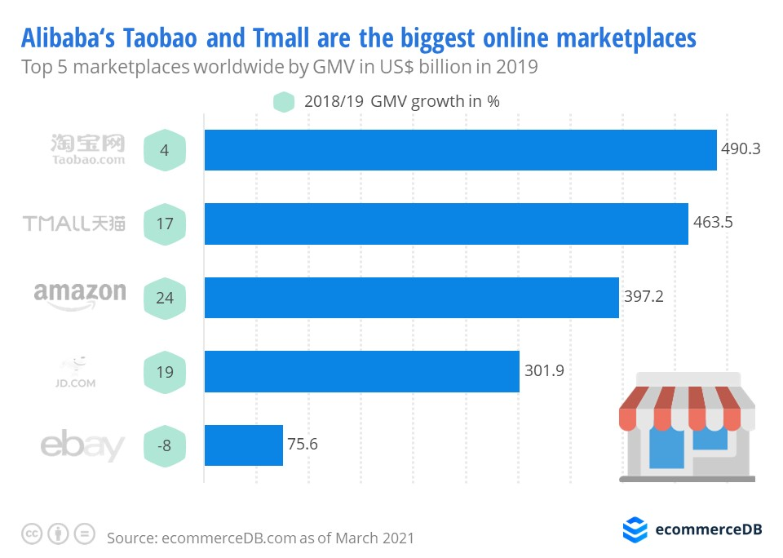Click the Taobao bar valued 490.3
(x=460, y=150)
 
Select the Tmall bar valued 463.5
(x=446, y=224)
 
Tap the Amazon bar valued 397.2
(x=411, y=298)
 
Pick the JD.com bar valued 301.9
(x=361, y=371)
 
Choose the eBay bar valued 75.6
(x=243, y=445)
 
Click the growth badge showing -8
(x=165, y=445)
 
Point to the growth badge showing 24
(x=165, y=298)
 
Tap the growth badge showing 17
(x=165, y=224)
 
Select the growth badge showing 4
(x=165, y=150)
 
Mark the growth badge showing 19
(x=165, y=371)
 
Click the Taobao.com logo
(x=88, y=150)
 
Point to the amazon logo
(x=80, y=296)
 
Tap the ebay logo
(x=82, y=446)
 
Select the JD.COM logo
(x=79, y=371)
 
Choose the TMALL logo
(x=74, y=223)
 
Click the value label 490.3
(x=741, y=149)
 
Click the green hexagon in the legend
(x=284, y=102)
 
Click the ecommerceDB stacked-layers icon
(x=635, y=529)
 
